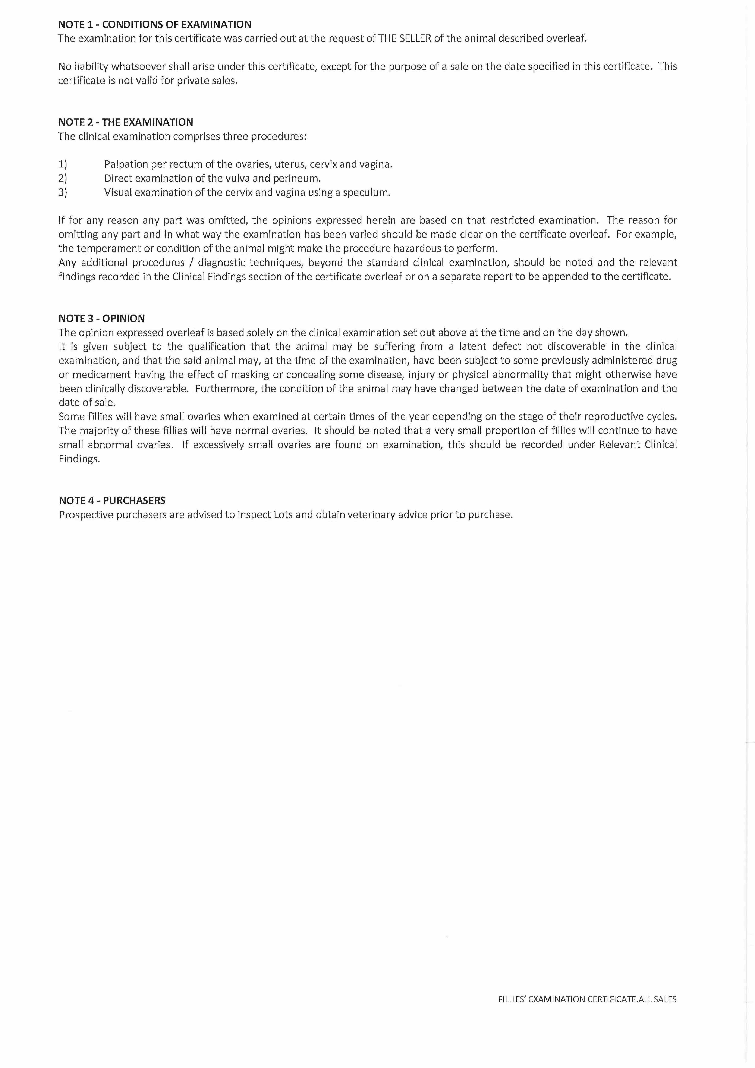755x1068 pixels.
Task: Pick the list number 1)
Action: (x=63, y=164)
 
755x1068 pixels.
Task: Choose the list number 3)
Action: (x=63, y=192)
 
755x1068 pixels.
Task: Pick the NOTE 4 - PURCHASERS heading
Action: (x=112, y=500)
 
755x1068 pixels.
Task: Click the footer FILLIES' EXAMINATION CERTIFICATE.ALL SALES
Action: (x=587, y=999)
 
